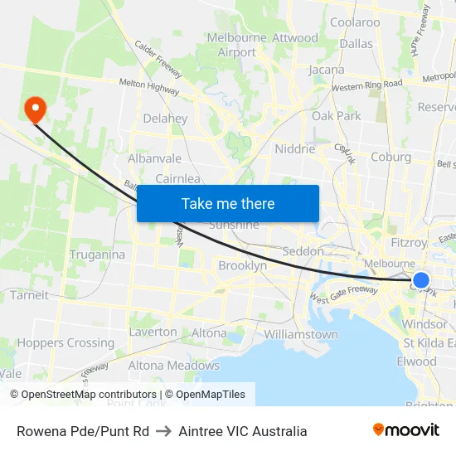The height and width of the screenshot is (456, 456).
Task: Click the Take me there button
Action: (x=228, y=204)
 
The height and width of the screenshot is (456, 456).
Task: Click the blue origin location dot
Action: (x=421, y=280)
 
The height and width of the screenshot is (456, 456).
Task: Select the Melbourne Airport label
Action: (x=237, y=45)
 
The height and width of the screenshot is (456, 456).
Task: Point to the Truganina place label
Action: (x=97, y=255)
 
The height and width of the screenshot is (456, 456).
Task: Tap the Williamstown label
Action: (x=301, y=334)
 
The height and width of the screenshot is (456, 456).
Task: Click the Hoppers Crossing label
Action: (x=66, y=342)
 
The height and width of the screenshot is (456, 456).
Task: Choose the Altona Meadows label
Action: (x=174, y=365)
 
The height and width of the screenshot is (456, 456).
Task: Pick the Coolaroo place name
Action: (x=355, y=22)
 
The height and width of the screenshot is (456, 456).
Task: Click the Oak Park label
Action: (x=337, y=116)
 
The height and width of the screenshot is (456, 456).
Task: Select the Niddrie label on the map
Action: (x=294, y=149)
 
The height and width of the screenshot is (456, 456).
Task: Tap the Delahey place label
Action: (x=165, y=119)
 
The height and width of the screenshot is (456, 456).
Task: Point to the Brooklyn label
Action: (x=242, y=266)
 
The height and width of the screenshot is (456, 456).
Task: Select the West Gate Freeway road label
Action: (x=344, y=298)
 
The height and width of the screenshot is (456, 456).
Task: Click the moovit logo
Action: (x=406, y=430)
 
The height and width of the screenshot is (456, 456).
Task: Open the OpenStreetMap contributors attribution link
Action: (x=84, y=395)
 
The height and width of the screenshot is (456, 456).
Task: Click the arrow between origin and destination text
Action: (x=163, y=431)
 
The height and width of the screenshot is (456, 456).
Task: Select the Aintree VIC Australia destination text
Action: (x=242, y=431)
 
